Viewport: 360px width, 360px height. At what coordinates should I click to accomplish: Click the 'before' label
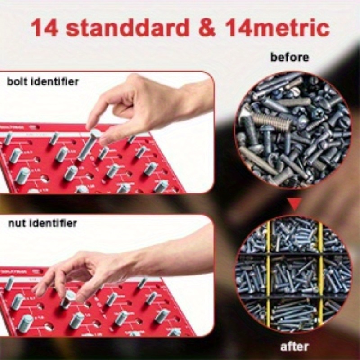(290, 57)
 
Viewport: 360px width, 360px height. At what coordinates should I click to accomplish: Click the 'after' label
(294, 346)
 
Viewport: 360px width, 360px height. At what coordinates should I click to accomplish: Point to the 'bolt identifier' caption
(43, 82)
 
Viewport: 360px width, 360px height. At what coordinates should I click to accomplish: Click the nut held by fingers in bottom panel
(68, 298)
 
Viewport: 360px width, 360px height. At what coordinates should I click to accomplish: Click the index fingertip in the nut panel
(41, 292)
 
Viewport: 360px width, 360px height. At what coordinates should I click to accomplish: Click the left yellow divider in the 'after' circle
(268, 274)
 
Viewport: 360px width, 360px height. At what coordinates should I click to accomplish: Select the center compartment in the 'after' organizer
(294, 275)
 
